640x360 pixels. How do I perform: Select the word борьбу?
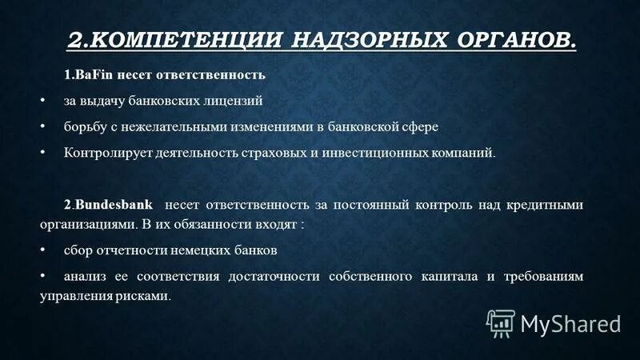[82, 127]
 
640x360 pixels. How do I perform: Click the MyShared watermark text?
[570, 323]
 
